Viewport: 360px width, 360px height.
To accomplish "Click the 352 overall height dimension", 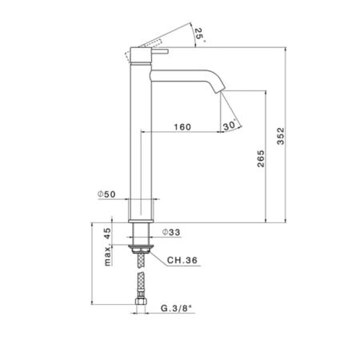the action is tap(281, 136).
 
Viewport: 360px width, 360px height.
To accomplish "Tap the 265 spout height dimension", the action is tap(261, 158).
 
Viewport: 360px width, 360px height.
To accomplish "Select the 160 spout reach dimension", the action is tap(182, 127).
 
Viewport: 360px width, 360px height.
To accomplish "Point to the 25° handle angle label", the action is tap(200, 34).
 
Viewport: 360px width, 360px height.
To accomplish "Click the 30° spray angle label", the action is tap(230, 125).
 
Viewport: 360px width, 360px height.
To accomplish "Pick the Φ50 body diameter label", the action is tap(106, 194).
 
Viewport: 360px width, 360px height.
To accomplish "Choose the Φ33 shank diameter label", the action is tap(171, 232).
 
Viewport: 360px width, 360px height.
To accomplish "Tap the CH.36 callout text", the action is tap(182, 260).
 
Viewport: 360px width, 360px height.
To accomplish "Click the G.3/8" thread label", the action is tap(176, 309).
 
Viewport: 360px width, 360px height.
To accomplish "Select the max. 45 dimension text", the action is tap(107, 247).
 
